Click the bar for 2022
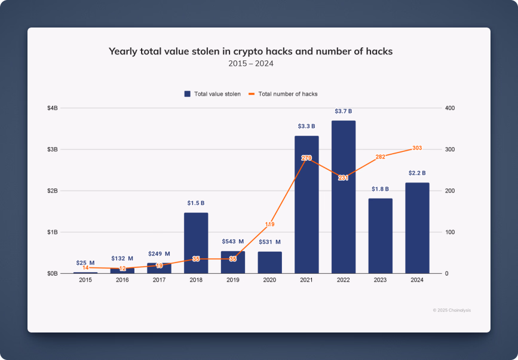(x=344, y=197)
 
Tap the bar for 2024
(x=417, y=228)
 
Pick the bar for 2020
(x=269, y=263)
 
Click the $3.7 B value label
(x=344, y=111)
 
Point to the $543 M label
(x=233, y=242)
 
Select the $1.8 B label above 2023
(x=380, y=189)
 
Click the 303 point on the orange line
(x=417, y=148)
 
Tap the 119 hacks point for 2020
(x=269, y=224)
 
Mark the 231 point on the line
(x=344, y=178)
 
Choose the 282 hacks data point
(x=380, y=157)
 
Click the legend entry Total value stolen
(x=213, y=94)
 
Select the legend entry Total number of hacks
(x=283, y=94)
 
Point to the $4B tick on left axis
(x=53, y=108)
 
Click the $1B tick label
(x=53, y=232)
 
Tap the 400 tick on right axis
(x=450, y=108)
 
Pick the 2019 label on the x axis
(x=233, y=280)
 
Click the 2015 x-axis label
(x=85, y=280)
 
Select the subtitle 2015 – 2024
(x=250, y=63)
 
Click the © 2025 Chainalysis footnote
(x=452, y=310)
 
